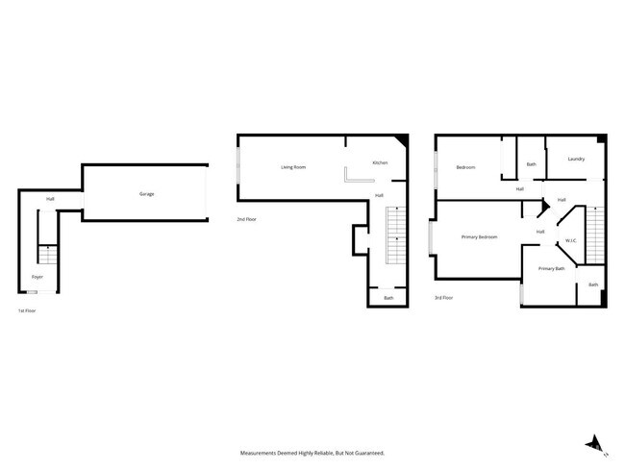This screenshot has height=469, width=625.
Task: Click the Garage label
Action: pyautogui.click(x=146, y=194)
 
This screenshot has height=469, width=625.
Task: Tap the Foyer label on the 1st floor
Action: pyautogui.click(x=37, y=277)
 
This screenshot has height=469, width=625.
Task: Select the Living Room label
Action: pyautogui.click(x=293, y=167)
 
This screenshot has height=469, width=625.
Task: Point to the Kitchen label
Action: pyautogui.click(x=380, y=163)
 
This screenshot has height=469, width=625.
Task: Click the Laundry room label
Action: pyautogui.click(x=576, y=159)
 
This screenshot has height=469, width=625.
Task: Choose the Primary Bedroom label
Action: pyautogui.click(x=479, y=236)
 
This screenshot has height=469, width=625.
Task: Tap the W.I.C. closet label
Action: pyautogui.click(x=569, y=240)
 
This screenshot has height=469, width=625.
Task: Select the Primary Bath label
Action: pyautogui.click(x=551, y=268)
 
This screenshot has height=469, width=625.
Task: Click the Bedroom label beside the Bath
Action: pyautogui.click(x=465, y=167)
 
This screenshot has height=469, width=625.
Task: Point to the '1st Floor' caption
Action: pyautogui.click(x=27, y=311)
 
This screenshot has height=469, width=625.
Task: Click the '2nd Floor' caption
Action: pyautogui.click(x=247, y=220)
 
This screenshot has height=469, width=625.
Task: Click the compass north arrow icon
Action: pyautogui.click(x=595, y=443)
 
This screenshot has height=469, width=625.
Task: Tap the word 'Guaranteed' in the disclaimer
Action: pyautogui.click(x=366, y=452)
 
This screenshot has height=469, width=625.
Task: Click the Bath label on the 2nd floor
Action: pyautogui.click(x=388, y=298)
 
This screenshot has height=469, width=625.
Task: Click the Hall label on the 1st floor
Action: pyautogui.click(x=49, y=200)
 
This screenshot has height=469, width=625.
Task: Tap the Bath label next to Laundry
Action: pyautogui.click(x=531, y=164)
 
